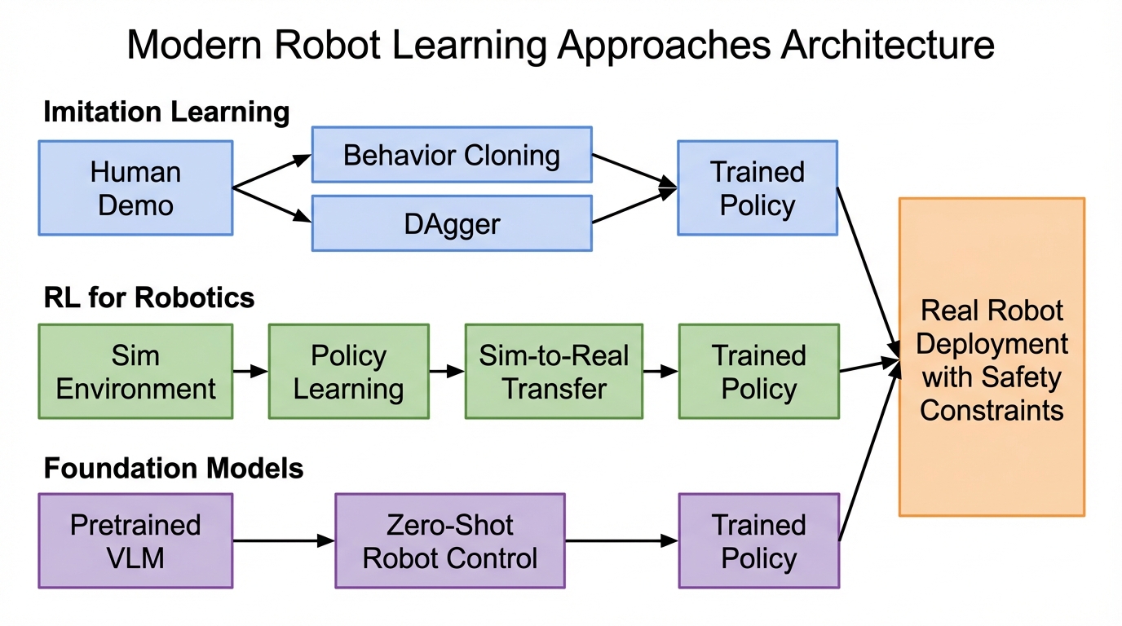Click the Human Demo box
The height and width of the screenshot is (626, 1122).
coord(135,188)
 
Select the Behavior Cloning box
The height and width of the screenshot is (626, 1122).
coord(452,155)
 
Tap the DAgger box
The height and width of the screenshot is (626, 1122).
coord(452,223)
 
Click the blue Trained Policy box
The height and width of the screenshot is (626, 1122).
coord(757,188)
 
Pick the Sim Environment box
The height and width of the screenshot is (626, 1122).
coord(135,372)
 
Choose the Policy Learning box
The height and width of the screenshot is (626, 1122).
coord(348,372)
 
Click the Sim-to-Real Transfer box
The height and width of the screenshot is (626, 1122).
coord(554,372)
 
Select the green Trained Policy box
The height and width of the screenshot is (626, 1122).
coord(758,372)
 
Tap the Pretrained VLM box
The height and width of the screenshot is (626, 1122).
coord(135,540)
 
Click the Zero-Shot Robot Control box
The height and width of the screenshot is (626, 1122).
coord(449,540)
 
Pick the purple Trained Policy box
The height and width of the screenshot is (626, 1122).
coord(758,540)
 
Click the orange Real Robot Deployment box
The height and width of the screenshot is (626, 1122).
coord(992,357)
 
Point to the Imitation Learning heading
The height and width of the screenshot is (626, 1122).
coord(166,112)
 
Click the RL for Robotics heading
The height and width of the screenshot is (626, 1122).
coord(149,298)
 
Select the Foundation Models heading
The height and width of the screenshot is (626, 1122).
coord(174,469)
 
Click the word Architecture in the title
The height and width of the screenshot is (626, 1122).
coord(887,45)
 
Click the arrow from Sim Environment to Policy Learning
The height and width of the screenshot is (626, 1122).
coord(250,372)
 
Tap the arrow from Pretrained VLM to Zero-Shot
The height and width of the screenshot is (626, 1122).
coord(284,540)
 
